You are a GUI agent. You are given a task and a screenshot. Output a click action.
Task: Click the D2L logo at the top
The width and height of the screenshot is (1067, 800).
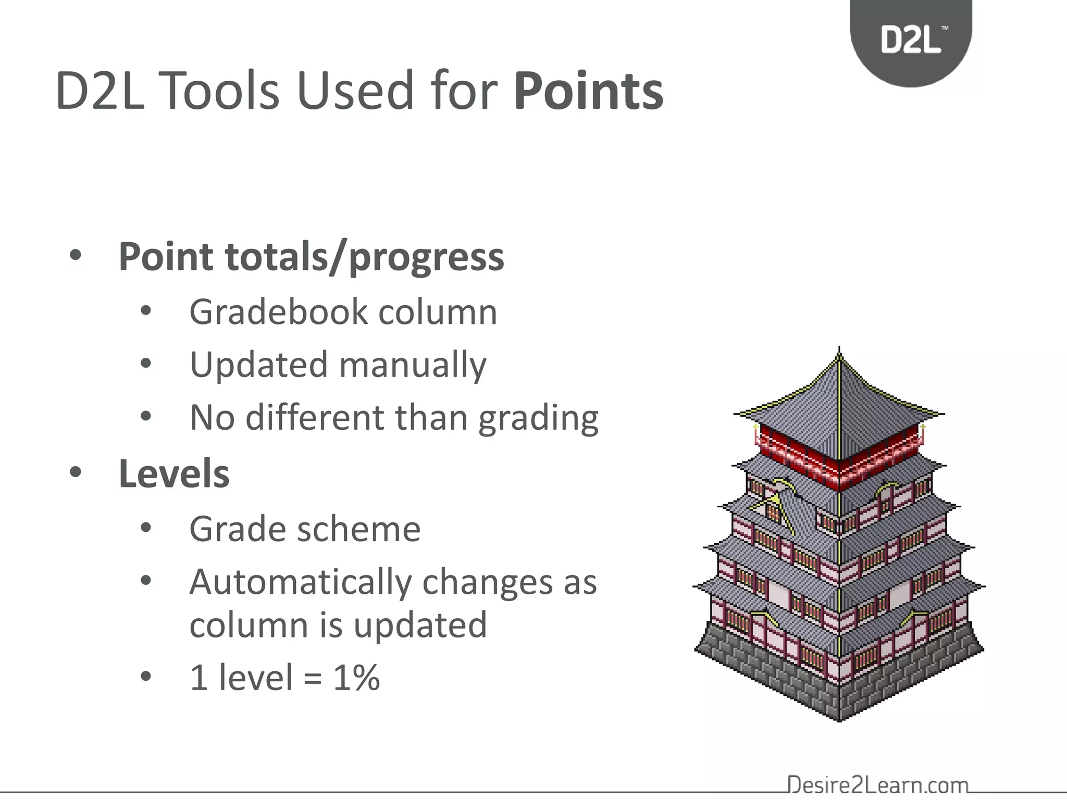point(911,40)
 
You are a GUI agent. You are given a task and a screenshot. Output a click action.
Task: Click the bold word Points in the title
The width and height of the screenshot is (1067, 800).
point(588,92)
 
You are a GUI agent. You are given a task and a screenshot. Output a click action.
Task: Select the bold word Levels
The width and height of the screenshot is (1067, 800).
point(174,474)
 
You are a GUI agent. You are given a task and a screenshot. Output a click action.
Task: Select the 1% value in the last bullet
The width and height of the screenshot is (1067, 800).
point(356,678)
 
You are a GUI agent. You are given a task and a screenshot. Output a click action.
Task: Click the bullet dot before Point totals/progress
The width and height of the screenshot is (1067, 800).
point(76,256)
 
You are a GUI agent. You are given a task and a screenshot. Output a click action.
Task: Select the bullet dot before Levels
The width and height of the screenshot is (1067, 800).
point(76,472)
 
